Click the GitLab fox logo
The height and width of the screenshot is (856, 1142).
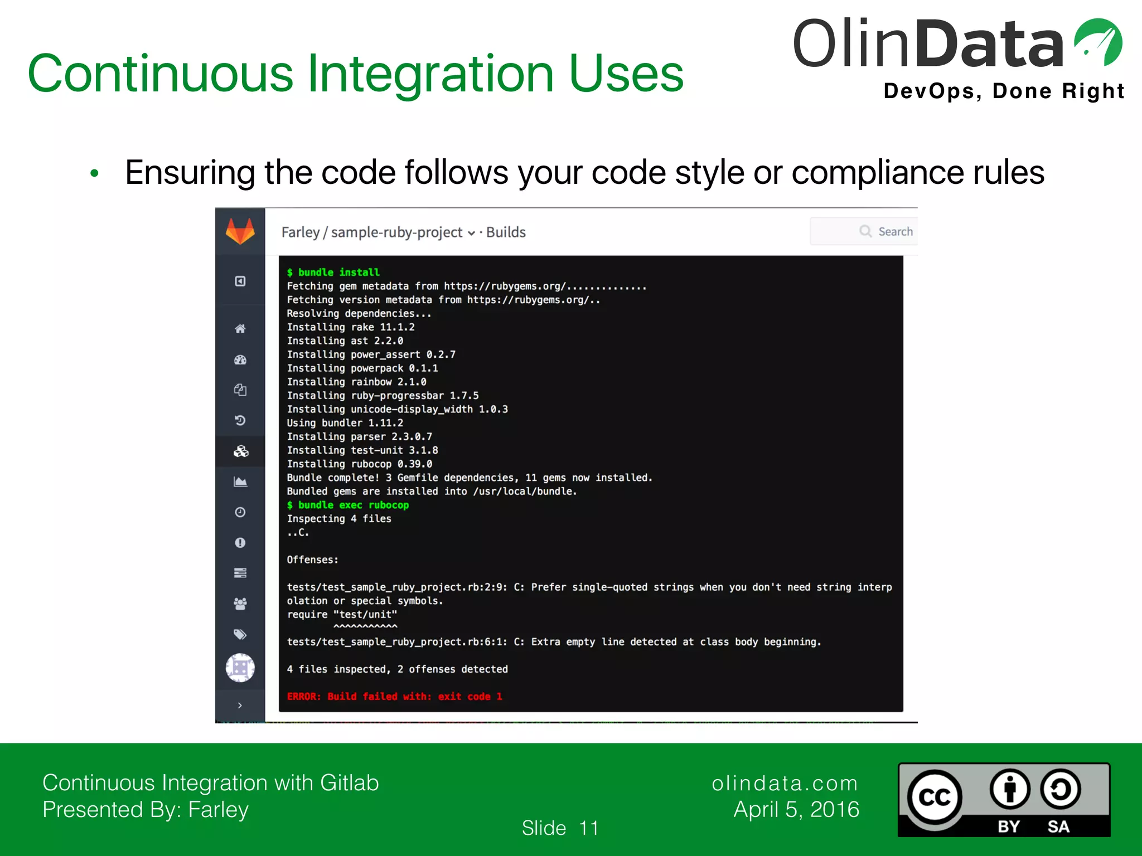tap(240, 231)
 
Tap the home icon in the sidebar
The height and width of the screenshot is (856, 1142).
tap(240, 329)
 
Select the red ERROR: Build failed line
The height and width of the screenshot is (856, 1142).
tap(394, 696)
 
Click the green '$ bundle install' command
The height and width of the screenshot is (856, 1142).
tap(333, 272)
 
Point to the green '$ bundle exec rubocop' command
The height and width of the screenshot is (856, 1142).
tap(347, 505)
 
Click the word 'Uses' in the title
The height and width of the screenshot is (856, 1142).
tap(626, 74)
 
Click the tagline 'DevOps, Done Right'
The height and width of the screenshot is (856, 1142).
tap(1004, 91)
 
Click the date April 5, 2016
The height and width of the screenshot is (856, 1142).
tap(796, 809)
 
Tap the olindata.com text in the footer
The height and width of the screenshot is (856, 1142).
tap(785, 783)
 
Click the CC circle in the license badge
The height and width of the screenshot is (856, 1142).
tap(935, 797)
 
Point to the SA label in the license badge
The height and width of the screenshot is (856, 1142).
tap(1058, 826)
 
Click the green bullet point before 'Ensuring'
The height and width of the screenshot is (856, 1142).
tap(94, 173)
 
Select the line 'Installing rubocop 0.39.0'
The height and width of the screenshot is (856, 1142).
tap(359, 464)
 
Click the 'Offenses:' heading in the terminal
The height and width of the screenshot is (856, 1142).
tap(312, 560)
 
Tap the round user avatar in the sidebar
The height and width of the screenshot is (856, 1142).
tap(240, 668)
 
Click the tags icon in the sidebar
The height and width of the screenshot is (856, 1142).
tap(240, 634)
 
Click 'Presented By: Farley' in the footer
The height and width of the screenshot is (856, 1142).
tap(146, 809)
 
